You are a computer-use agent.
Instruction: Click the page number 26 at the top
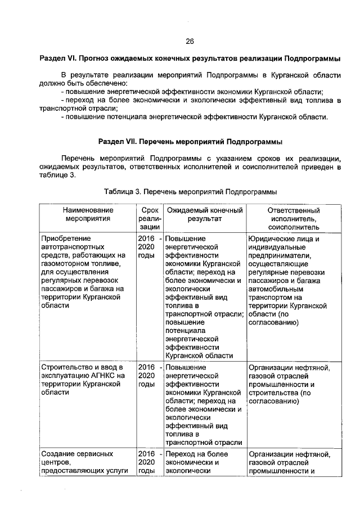[x=190, y=42]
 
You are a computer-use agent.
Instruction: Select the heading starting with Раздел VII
[x=190, y=141]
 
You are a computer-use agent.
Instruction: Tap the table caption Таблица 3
[x=190, y=191]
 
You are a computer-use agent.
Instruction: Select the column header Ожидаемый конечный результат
[x=205, y=214]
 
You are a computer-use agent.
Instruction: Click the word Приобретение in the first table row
[x=66, y=238]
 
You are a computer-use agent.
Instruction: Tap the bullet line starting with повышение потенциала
[x=194, y=117]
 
